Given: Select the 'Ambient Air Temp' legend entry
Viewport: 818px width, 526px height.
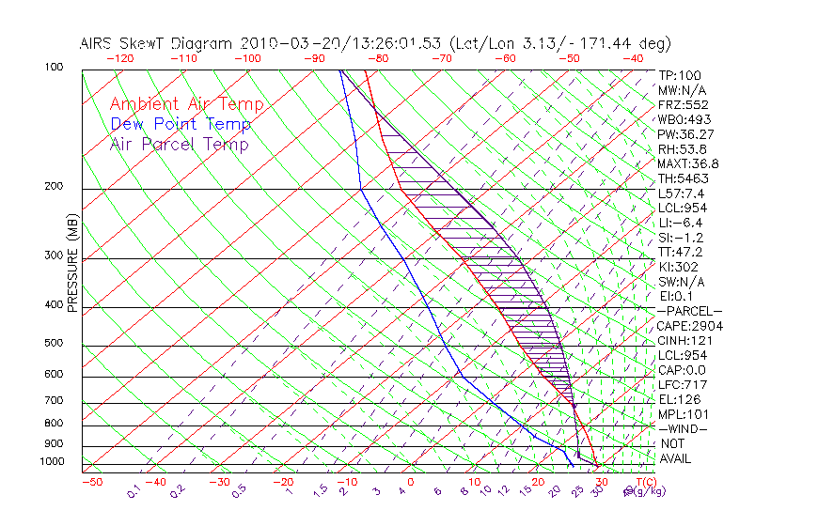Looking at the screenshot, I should coord(186,104).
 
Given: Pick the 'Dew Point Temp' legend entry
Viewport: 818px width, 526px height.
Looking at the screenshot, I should coord(181,124).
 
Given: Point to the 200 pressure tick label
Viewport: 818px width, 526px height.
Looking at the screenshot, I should coord(55,187).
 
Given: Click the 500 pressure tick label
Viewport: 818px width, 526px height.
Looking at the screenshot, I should coord(55,344).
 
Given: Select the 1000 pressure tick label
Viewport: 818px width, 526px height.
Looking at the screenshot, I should coord(52,461).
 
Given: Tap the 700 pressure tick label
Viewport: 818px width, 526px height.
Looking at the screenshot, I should coord(55,401).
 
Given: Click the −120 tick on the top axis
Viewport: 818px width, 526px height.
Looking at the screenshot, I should coord(119,58).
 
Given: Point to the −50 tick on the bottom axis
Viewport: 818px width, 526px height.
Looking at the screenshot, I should coord(91,482).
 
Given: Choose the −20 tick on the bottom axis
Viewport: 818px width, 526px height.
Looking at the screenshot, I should coord(283,482).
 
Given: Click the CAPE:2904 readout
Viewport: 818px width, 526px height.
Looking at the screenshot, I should coord(689,326).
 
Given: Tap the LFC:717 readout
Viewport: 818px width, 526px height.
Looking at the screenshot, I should coord(682,384).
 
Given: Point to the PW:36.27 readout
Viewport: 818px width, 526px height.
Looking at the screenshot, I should coord(685,134).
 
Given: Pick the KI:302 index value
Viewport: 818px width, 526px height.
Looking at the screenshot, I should coord(679,267).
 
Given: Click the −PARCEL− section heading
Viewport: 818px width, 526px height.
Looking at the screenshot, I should coord(689,311).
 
